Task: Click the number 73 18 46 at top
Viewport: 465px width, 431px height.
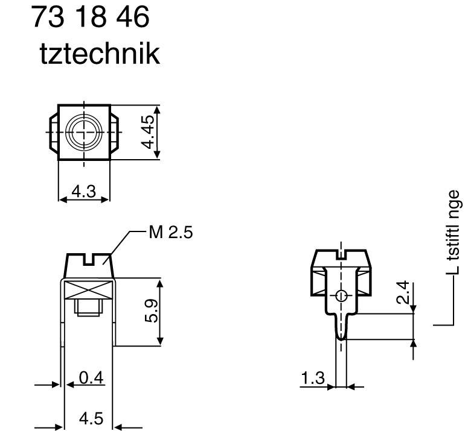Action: coord(90,17)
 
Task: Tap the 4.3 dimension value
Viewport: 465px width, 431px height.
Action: coord(83,191)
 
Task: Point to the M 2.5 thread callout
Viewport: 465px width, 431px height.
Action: coord(170,232)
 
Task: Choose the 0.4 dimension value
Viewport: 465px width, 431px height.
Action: coord(92,378)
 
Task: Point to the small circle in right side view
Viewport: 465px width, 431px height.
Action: coord(341,295)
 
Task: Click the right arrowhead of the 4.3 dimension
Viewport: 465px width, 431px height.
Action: coord(106,199)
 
